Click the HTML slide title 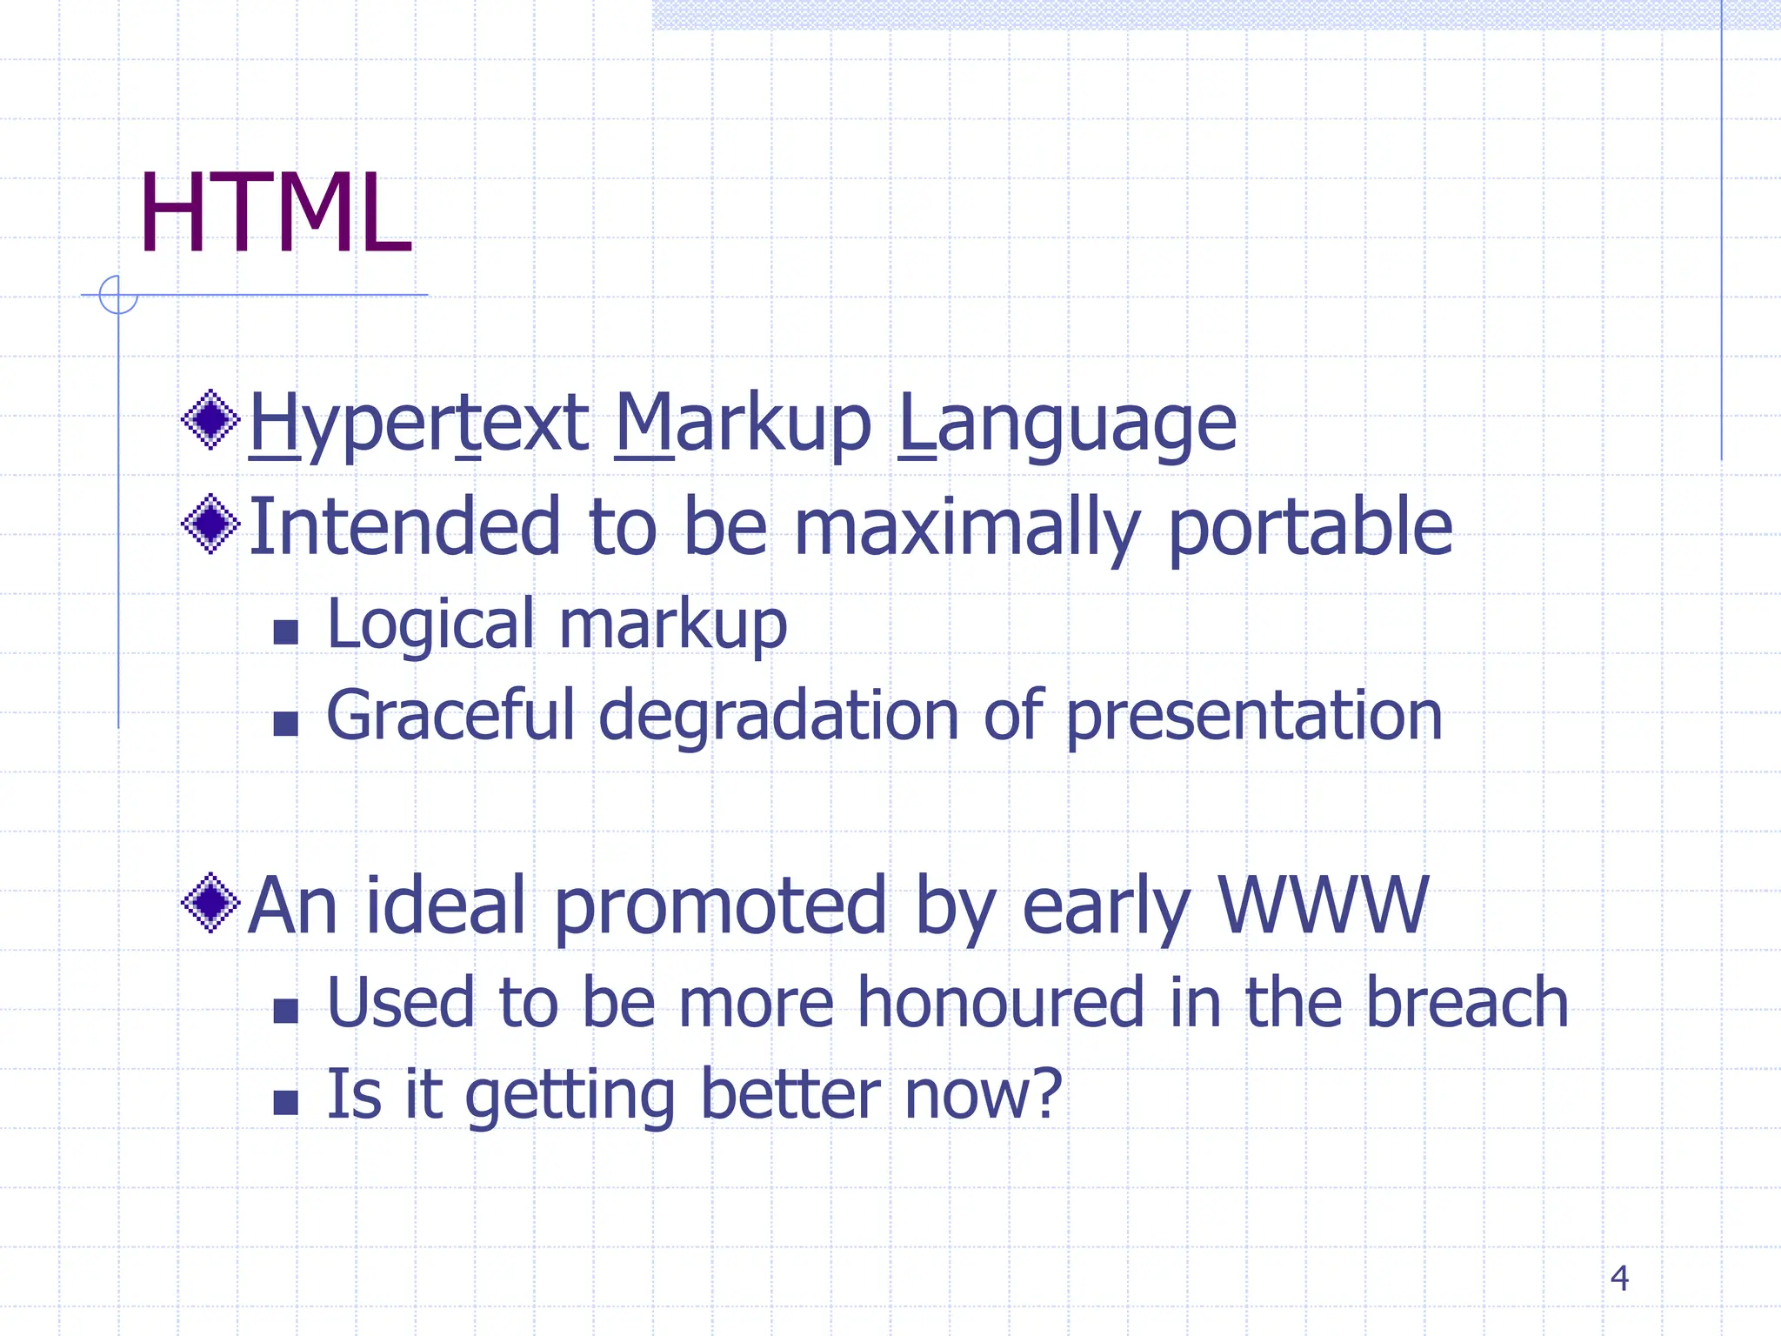275,214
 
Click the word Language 1066,424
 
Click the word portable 1310,527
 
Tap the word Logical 430,625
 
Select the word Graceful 450,715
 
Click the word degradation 778,715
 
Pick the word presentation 1254,715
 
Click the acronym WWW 1323,905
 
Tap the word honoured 1000,1002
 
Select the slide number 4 1618,1278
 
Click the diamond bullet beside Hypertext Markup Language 210,419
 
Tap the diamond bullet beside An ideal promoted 210,903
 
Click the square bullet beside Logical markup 285,631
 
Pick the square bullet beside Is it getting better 285,1102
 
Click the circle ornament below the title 118,295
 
